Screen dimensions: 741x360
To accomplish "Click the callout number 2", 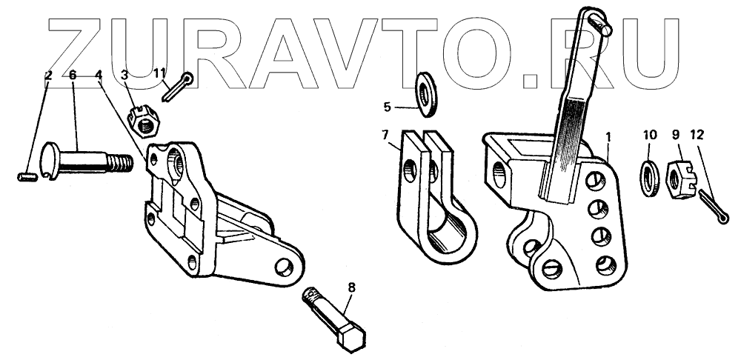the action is (x=48, y=75).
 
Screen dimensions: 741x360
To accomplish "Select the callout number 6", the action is (x=73, y=75).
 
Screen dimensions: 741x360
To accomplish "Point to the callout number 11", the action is (x=160, y=72).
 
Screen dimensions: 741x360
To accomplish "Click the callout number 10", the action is (x=649, y=135).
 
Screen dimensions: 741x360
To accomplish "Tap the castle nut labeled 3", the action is (x=143, y=121).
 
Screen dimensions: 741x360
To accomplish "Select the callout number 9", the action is (x=676, y=135).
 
